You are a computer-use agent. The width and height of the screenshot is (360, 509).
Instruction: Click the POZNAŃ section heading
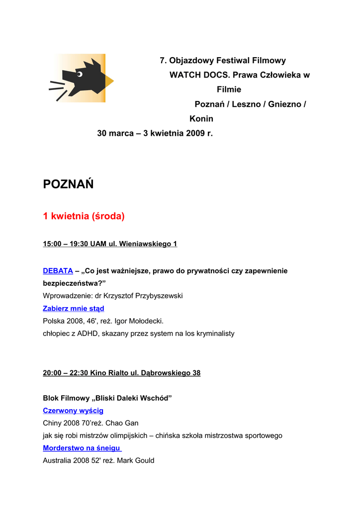68,184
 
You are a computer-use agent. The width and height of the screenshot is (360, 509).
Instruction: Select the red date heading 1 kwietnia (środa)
84,216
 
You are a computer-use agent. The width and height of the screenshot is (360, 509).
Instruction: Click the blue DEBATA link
58,271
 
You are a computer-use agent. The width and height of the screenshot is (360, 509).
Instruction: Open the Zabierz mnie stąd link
73,309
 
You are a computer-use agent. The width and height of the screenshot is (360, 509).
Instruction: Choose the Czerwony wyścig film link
73,411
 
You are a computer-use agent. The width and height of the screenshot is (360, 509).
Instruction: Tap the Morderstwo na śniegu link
82,448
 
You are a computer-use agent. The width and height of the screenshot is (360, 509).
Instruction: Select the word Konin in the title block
201,119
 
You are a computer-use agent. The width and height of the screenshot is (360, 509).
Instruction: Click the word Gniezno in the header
285,104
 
